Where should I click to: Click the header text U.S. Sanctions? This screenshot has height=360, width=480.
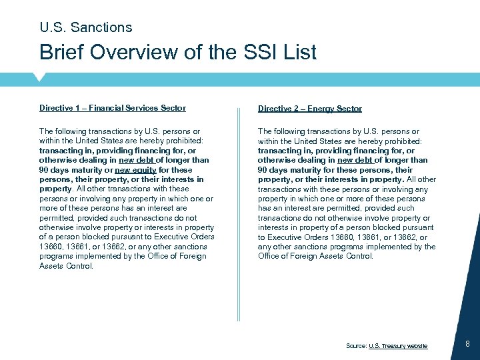tap(86, 27)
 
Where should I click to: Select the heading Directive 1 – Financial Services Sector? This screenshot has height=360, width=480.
tap(112, 108)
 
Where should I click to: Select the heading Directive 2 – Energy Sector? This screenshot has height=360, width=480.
tap(309, 109)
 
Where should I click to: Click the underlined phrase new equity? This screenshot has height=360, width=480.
tap(135, 169)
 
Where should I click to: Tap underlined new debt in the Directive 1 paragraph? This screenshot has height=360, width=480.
tap(136, 160)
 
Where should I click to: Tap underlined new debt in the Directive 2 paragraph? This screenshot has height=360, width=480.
tap(355, 160)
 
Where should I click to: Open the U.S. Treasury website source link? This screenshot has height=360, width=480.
tap(397, 345)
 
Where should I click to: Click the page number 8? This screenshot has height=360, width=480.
tap(467, 344)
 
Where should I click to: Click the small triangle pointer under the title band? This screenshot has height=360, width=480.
tap(40, 77)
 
